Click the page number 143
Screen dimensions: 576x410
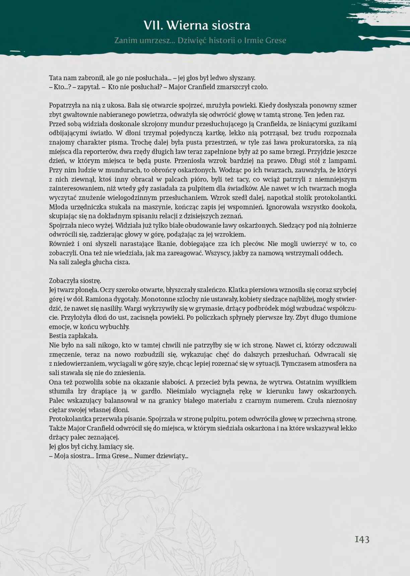tap(362, 539)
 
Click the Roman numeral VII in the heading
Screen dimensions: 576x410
tap(153, 25)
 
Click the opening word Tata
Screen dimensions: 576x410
tap(56, 78)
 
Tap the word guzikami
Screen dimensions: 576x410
tap(344, 124)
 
